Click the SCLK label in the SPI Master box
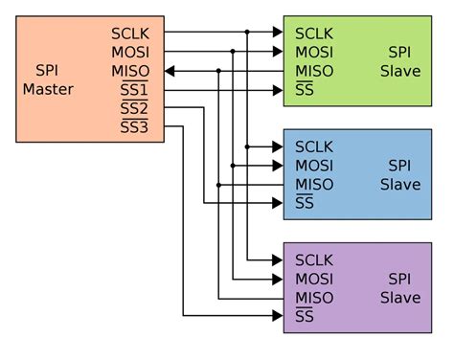(x=131, y=33)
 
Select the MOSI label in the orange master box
(x=131, y=51)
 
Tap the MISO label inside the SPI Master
(x=131, y=70)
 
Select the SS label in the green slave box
(x=305, y=90)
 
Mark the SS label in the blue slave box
(x=305, y=203)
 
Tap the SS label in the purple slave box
(x=305, y=317)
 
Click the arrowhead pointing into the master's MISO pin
(x=170, y=71)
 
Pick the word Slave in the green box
(x=399, y=71)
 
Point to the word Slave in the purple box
(x=399, y=298)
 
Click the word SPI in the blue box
(x=399, y=165)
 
